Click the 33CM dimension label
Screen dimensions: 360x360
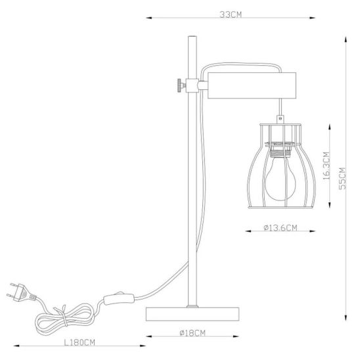pos(231,14)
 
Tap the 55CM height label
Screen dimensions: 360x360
pos(342,179)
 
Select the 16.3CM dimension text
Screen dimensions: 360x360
pos(326,166)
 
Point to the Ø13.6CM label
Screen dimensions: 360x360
pos(281,228)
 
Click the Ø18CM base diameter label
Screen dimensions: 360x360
pos(192,332)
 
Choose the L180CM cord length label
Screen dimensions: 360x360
pos(79,342)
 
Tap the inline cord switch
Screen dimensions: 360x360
pos(118,299)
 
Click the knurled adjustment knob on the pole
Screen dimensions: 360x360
pos(181,85)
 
